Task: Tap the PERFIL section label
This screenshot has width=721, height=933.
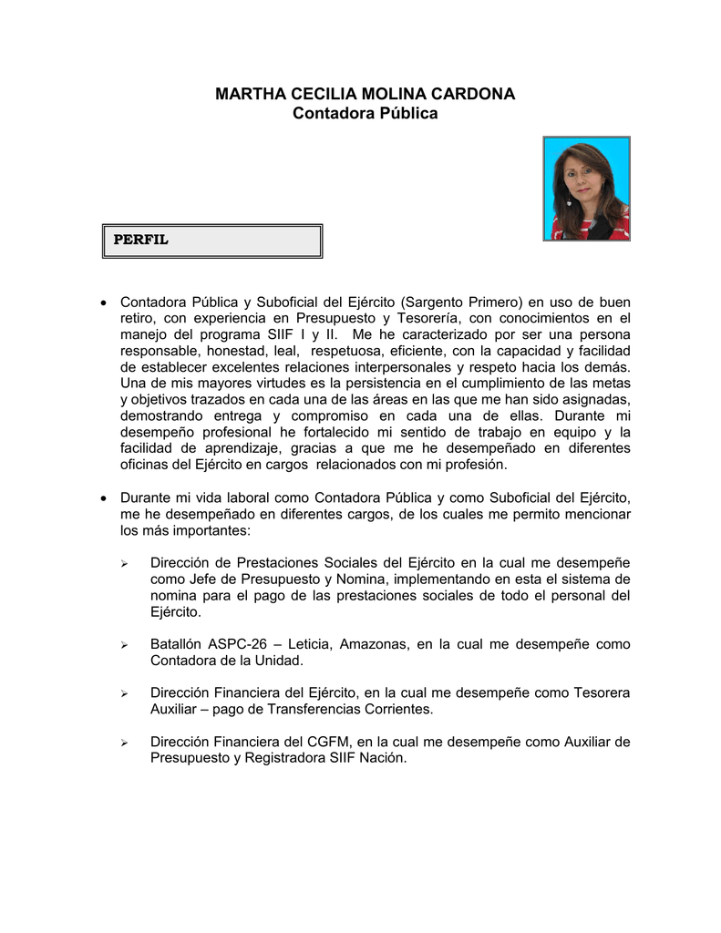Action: click(x=140, y=241)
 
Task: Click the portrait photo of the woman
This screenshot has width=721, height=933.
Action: click(x=586, y=189)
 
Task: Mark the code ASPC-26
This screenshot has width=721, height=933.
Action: click(x=242, y=644)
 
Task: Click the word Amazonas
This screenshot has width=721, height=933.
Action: click(x=373, y=644)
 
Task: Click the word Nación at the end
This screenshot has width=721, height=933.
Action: click(x=384, y=758)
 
